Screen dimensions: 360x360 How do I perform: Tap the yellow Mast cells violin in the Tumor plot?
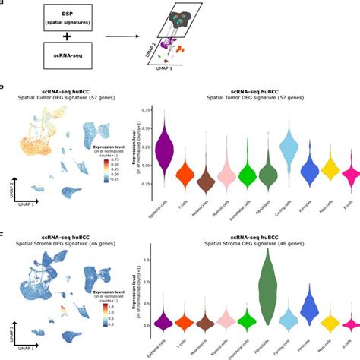(x=329, y=168)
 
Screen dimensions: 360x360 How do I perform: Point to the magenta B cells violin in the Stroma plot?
(x=349, y=324)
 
